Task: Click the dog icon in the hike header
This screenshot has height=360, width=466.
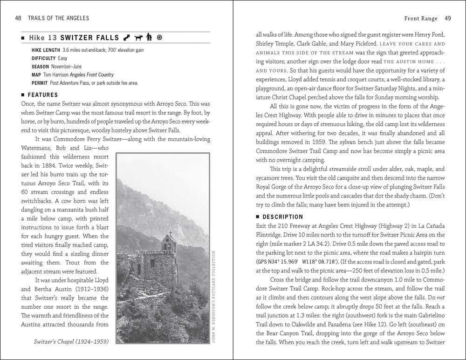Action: pos(138,37)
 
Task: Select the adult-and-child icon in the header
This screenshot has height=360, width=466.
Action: pos(149,37)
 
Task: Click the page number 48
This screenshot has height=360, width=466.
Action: pos(18,18)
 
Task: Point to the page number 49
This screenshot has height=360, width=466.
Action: pos(447,19)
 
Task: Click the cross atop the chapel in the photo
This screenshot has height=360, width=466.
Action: pos(171,234)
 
